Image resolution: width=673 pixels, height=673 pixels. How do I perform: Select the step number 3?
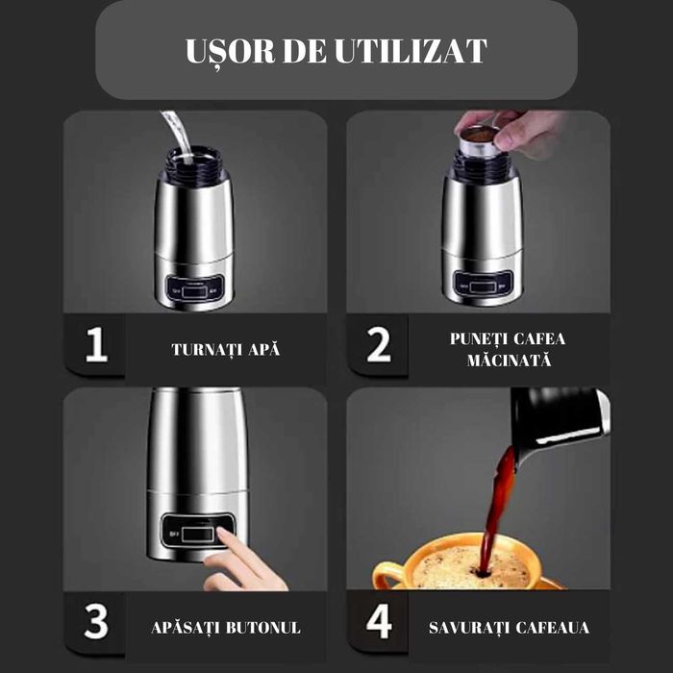(x=95, y=622)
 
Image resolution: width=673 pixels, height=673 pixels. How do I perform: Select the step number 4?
(x=379, y=622)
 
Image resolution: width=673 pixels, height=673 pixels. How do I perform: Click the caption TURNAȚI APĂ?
(x=226, y=349)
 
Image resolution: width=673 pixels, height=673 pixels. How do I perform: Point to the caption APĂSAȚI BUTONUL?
(x=226, y=628)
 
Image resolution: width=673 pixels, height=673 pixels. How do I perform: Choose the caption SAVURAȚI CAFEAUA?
(x=509, y=628)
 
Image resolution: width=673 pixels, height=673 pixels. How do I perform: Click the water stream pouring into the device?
(x=172, y=130)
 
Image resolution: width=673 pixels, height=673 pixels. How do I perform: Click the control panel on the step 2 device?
(x=480, y=284)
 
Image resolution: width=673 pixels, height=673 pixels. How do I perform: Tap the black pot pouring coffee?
(x=558, y=418)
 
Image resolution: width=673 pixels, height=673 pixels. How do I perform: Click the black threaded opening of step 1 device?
(x=193, y=163)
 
